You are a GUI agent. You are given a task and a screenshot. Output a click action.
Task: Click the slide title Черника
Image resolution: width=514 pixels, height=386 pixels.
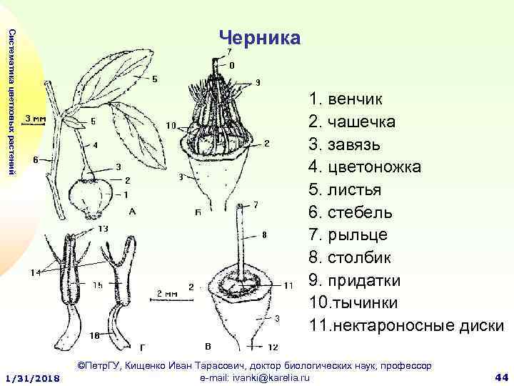[x=260, y=37]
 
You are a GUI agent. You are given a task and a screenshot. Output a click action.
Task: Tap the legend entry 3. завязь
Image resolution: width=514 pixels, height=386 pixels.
[x=344, y=144]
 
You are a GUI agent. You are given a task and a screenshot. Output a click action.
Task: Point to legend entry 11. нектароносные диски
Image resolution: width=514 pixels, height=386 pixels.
[x=407, y=326]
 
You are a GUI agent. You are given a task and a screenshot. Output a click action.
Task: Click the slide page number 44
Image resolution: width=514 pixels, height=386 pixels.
[x=500, y=377]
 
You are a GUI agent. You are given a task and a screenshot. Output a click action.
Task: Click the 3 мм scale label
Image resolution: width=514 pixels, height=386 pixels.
[x=36, y=118]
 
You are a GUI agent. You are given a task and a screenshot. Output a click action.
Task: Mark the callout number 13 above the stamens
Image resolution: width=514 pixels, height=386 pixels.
[x=103, y=229]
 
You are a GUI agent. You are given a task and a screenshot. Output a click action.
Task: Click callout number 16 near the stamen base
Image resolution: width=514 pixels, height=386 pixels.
[x=94, y=335]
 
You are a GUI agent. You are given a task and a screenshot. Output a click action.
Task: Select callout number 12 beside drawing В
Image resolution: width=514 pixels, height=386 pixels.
[x=273, y=347]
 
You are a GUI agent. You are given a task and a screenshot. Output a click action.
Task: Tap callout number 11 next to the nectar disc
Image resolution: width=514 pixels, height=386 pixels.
[x=288, y=285]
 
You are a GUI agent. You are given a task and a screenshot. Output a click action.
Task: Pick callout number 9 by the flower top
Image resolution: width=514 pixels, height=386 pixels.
[x=257, y=81]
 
